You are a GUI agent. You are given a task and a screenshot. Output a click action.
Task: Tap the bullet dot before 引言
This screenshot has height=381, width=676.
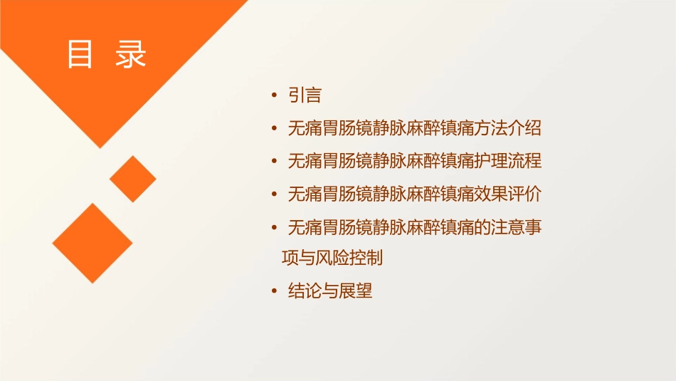(274, 95)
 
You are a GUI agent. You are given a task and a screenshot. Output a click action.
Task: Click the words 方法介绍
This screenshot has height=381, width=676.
(508, 128)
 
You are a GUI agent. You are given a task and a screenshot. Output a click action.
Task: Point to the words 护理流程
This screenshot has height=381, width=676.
(508, 161)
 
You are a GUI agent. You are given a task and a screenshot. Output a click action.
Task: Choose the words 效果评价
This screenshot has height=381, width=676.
(508, 194)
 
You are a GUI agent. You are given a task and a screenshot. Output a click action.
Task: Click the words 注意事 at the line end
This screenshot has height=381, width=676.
(517, 227)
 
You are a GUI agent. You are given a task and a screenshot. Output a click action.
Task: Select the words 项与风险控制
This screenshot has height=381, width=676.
(332, 258)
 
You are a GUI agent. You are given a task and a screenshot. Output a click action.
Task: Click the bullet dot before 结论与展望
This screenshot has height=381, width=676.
(274, 291)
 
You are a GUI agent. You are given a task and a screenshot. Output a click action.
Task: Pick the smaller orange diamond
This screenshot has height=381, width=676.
(133, 179)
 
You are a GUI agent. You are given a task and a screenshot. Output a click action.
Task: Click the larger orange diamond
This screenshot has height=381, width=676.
(93, 243)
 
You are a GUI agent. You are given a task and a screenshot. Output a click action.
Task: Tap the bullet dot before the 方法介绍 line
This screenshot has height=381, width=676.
(274, 128)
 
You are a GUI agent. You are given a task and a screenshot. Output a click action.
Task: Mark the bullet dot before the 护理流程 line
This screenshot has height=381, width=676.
(274, 161)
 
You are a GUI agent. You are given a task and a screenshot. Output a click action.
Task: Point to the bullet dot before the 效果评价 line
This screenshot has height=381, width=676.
(274, 194)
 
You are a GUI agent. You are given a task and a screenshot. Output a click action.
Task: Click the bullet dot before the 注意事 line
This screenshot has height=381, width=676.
(274, 227)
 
